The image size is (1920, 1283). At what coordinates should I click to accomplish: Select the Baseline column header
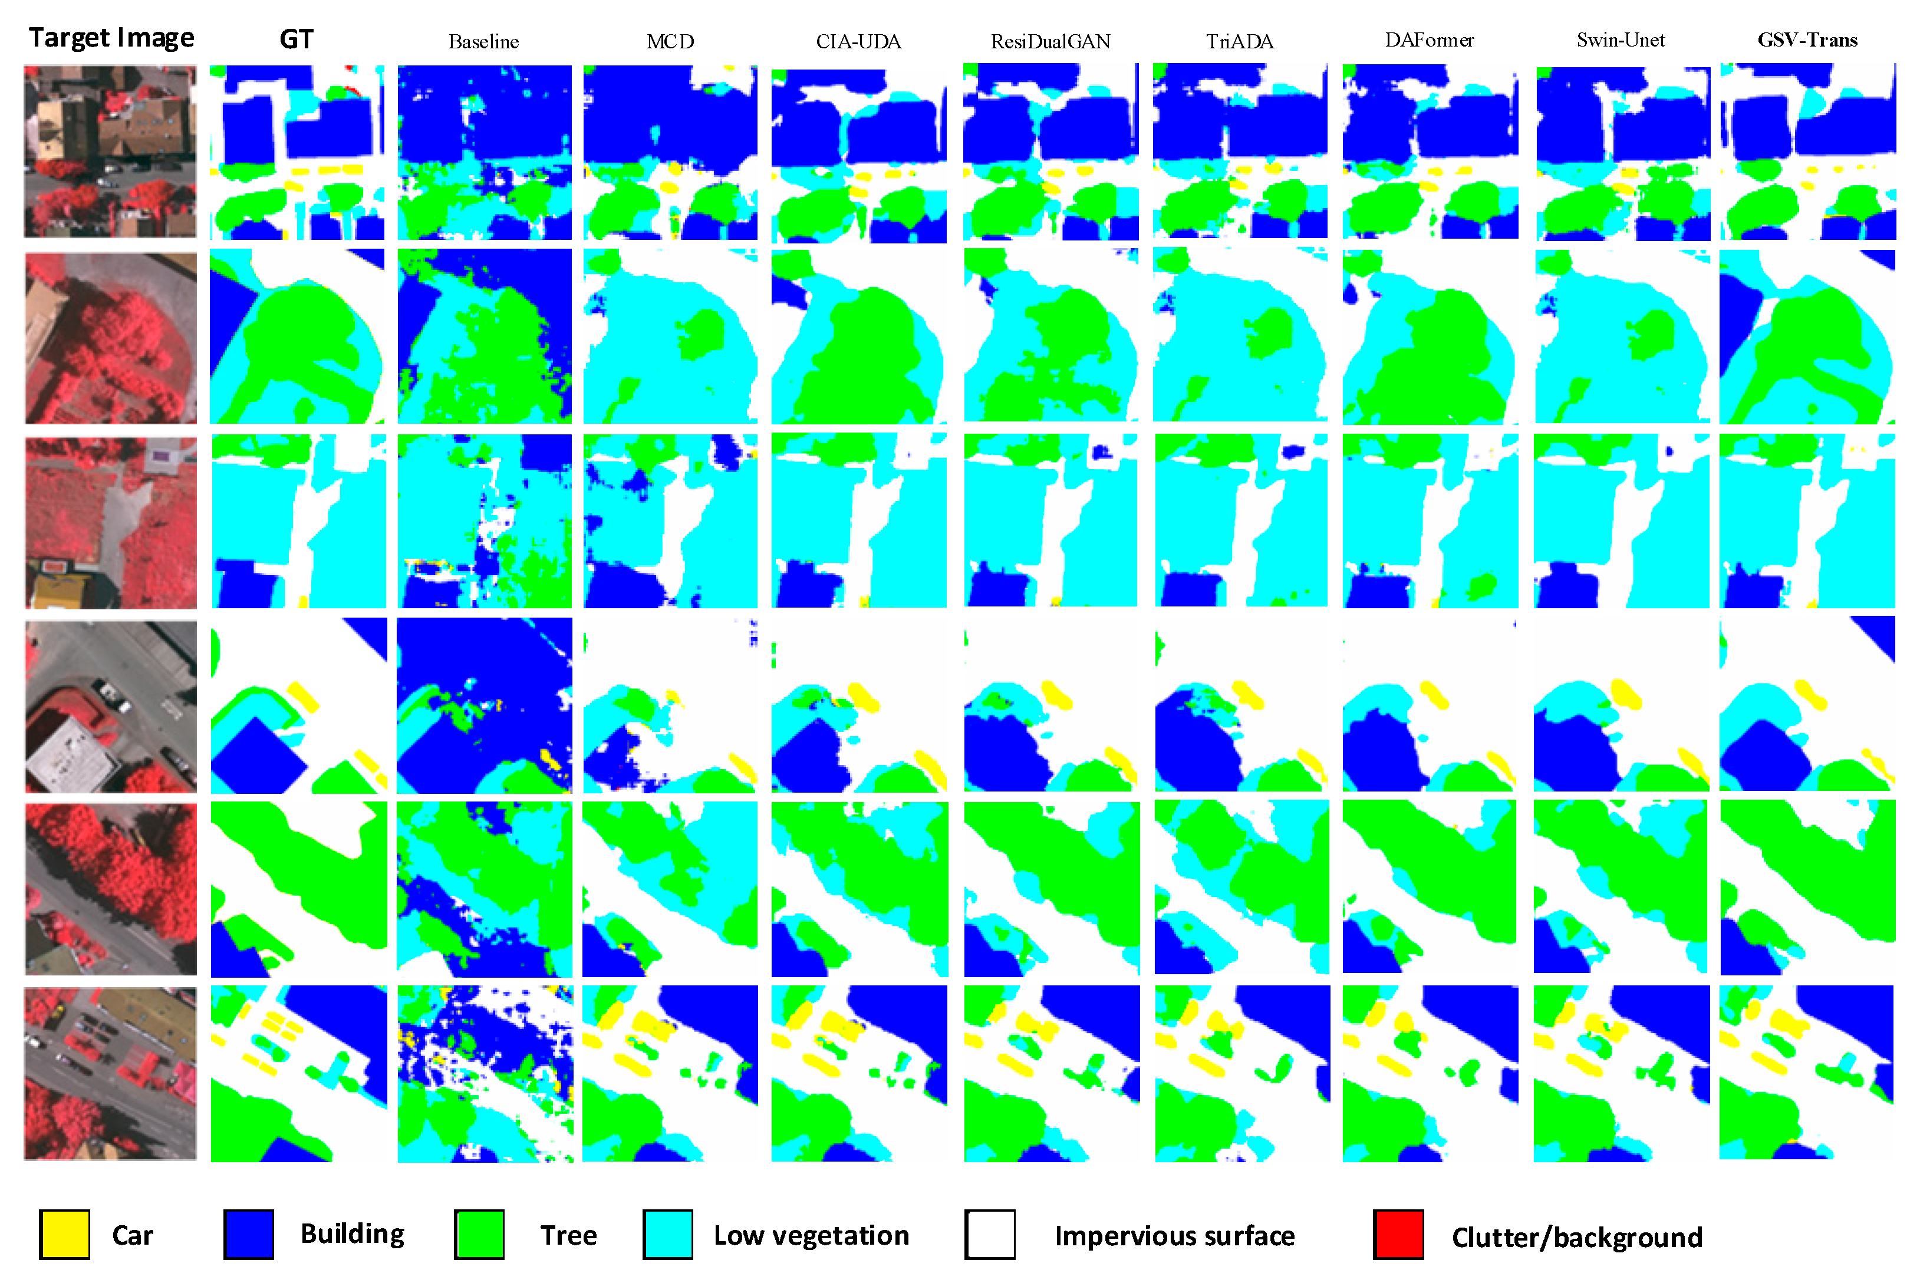tap(483, 42)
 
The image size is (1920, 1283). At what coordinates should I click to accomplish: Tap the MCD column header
tap(670, 42)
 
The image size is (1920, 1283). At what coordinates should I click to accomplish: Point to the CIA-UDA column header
tap(858, 42)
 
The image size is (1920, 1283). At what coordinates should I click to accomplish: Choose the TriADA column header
tap(1240, 42)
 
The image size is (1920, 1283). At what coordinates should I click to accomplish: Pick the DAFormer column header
tap(1429, 40)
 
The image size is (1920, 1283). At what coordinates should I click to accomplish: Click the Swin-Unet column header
tap(1621, 40)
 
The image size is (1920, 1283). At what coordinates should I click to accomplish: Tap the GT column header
tap(297, 39)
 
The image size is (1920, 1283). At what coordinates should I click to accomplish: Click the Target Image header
tap(111, 38)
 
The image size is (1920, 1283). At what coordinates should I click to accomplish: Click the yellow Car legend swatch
tap(65, 1235)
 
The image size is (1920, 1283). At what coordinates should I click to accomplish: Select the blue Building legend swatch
tap(249, 1235)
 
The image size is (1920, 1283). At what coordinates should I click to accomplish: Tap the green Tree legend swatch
tap(480, 1235)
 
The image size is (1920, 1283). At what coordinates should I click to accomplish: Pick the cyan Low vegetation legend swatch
tap(668, 1235)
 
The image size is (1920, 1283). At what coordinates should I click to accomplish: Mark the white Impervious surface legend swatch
tap(990, 1235)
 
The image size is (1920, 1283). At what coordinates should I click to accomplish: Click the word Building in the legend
tap(353, 1234)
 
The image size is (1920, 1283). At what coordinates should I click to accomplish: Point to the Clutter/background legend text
tap(1577, 1237)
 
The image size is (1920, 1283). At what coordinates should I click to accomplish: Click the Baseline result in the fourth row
tap(485, 705)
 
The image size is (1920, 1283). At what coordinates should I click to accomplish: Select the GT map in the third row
tap(299, 521)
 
